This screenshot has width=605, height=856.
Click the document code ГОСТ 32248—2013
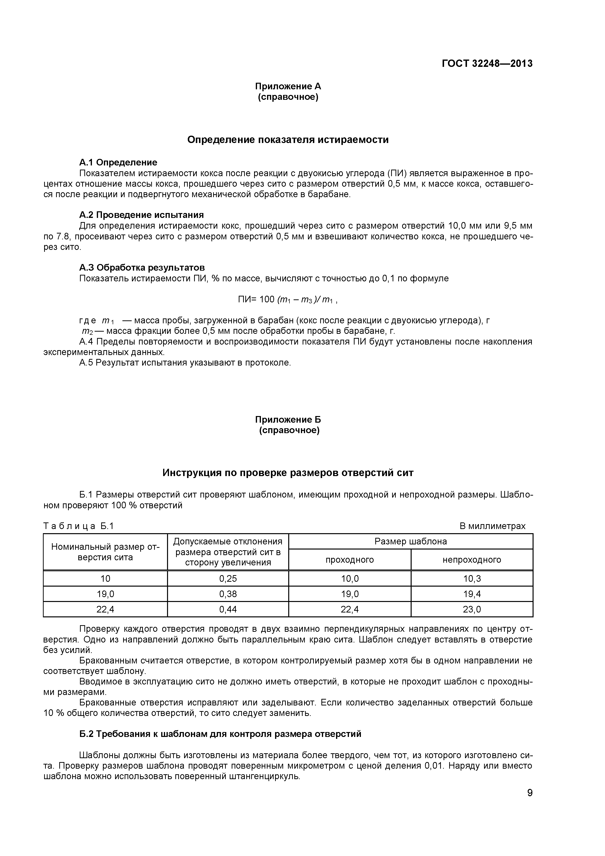coord(487,64)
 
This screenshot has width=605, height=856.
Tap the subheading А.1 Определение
coord(118,162)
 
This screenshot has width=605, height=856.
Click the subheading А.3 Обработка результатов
coord(142,268)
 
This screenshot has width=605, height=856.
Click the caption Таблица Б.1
coord(79,526)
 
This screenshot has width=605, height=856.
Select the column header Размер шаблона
coord(411,541)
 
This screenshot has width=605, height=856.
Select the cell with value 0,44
coord(228,609)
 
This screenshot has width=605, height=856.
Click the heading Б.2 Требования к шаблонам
coord(220,734)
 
